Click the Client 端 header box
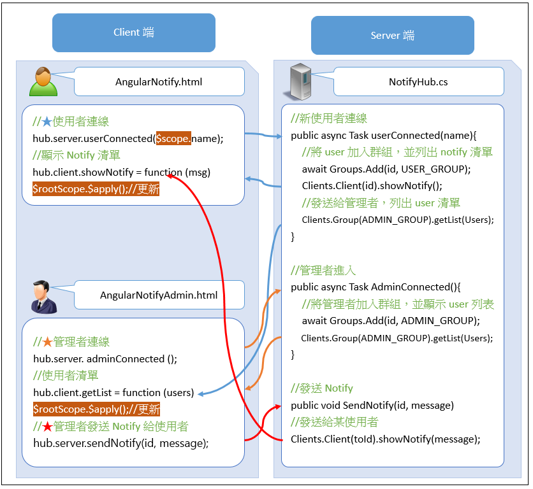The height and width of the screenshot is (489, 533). click(134, 32)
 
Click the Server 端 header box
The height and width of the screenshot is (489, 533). click(392, 35)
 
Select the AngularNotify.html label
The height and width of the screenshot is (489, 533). click(159, 81)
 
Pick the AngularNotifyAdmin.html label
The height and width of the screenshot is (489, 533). click(159, 295)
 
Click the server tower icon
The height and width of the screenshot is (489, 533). click(302, 81)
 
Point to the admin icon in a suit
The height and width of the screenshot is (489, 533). click(44, 296)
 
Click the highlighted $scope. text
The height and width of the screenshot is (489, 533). click(173, 138)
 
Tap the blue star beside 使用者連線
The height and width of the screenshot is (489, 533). click(47, 122)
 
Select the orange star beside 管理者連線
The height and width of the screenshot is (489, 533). click(47, 342)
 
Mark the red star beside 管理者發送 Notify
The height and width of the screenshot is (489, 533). click(47, 427)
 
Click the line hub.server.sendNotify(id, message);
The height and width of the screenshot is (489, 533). click(120, 443)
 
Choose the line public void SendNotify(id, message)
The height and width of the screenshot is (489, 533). click(372, 405)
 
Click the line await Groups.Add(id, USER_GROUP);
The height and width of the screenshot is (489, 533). click(386, 169)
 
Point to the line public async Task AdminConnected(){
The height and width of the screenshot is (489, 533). click(379, 287)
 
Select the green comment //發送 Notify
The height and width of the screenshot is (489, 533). click(321, 388)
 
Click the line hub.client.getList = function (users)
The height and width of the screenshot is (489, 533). click(113, 393)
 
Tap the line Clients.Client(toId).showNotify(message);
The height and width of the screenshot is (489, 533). click(385, 439)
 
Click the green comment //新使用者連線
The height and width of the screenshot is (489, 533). click(328, 118)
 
